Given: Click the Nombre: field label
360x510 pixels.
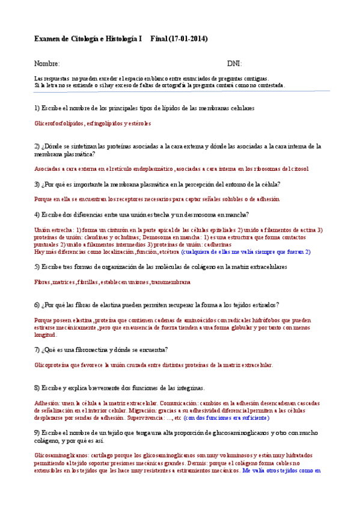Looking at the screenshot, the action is point(47,64).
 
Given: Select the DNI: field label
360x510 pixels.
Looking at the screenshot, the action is point(234,64).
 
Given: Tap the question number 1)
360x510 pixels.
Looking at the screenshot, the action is point(37,108).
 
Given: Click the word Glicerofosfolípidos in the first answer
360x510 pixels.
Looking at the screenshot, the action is point(59,123).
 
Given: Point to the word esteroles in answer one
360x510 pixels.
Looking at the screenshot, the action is point(139,123).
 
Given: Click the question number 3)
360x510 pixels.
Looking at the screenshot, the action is point(37,184).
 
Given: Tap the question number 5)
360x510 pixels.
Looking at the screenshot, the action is point(37,266).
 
